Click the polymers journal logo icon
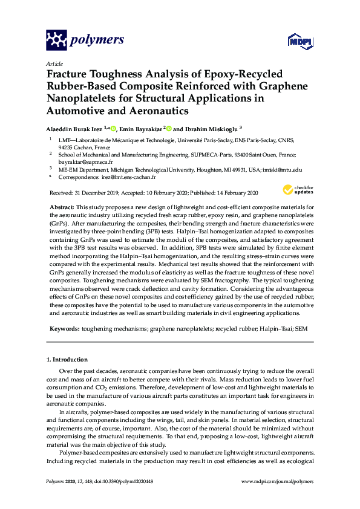[56, 41]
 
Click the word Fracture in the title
[66, 74]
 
